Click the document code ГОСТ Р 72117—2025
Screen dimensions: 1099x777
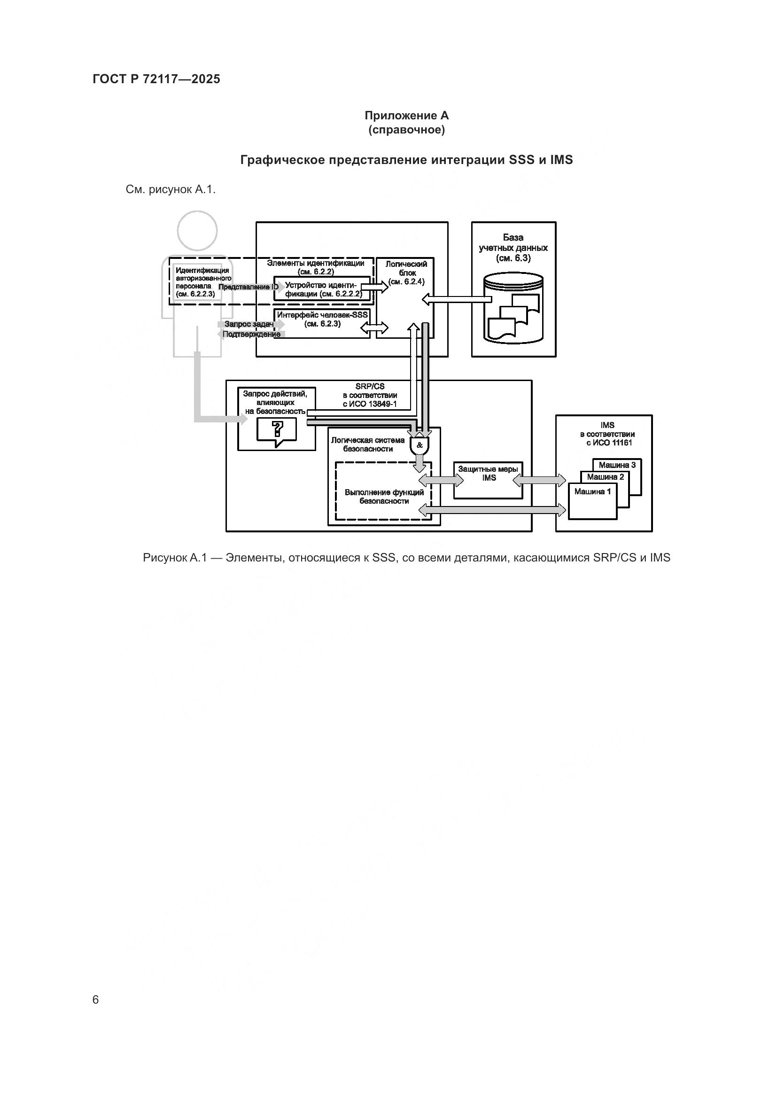point(156,79)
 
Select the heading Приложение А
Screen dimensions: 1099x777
point(406,116)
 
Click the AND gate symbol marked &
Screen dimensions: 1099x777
point(420,445)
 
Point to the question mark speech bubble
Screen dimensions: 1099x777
point(277,430)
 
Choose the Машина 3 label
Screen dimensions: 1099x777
point(617,465)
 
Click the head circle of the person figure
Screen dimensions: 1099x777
point(197,230)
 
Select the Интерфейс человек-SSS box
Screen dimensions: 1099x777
point(322,323)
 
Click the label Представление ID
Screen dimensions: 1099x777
point(249,287)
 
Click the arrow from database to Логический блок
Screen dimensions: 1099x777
point(457,299)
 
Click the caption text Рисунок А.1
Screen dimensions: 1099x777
point(174,558)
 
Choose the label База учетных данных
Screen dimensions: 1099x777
point(513,248)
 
